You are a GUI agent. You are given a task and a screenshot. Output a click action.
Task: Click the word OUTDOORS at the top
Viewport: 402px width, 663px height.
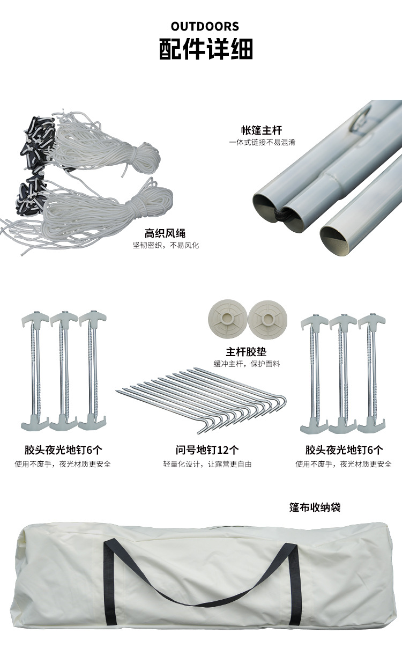(205, 26)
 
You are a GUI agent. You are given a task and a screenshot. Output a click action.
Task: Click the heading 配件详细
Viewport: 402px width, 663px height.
(206, 49)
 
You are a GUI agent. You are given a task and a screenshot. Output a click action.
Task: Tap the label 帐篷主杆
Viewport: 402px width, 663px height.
(261, 130)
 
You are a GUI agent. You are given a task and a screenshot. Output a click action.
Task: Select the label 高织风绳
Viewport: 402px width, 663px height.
(165, 233)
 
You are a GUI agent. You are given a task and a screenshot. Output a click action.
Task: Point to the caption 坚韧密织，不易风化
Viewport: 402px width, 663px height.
(166, 246)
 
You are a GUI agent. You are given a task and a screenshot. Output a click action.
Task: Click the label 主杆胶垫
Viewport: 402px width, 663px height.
(246, 352)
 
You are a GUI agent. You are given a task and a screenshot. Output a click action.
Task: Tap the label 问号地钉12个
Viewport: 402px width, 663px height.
(207, 450)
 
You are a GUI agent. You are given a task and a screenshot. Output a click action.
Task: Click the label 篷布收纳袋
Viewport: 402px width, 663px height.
(315, 507)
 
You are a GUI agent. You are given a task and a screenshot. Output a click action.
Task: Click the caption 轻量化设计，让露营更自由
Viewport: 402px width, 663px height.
(207, 464)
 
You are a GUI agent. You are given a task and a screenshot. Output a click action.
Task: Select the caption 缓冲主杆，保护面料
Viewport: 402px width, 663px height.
(247, 364)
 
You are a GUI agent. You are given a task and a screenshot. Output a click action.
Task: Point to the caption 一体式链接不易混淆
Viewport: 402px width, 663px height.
(262, 143)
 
